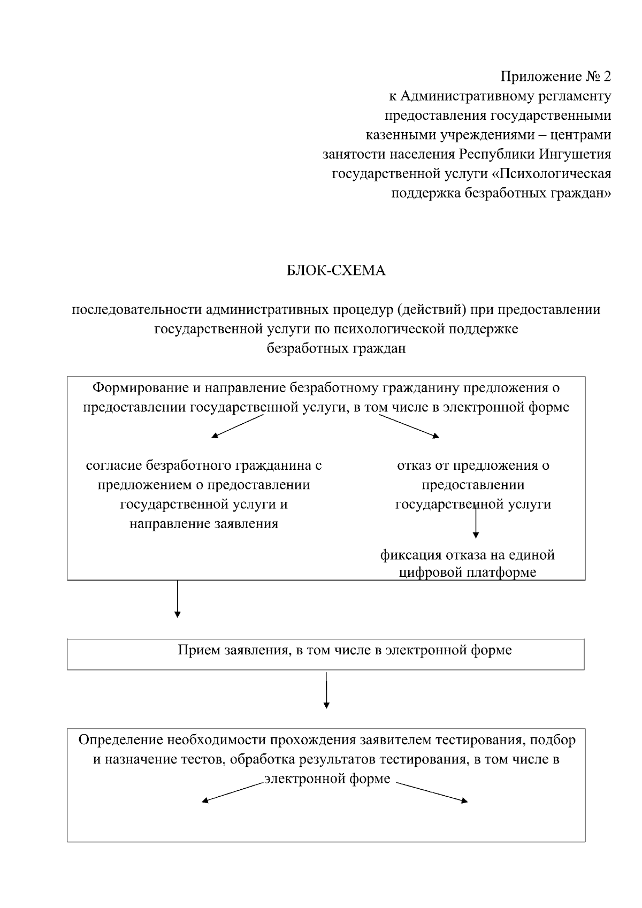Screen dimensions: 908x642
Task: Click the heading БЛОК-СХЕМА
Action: [336, 271]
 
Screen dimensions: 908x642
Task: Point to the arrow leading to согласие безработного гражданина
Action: [238, 426]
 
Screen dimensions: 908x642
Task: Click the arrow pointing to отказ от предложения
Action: [409, 426]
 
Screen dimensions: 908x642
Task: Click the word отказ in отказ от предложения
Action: [414, 466]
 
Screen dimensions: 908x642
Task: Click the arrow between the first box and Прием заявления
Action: [178, 599]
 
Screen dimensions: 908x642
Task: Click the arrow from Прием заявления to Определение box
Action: [326, 690]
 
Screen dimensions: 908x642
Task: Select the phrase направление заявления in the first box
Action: [204, 523]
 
